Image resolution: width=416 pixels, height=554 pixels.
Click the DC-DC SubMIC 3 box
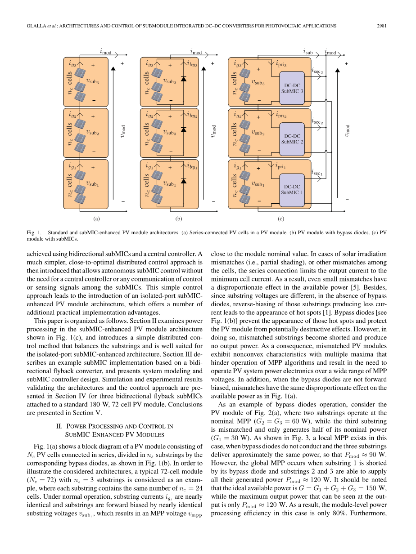pos(292,88)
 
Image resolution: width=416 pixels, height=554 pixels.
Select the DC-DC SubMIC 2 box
pos(292,138)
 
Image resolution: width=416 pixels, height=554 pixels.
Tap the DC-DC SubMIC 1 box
pos(292,189)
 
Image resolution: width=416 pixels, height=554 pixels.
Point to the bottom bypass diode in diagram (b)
pos(183,181)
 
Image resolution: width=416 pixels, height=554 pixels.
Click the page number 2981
pos(382,26)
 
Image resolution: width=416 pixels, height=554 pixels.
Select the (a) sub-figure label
pos(96,219)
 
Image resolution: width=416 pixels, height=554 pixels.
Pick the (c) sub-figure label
pos(281,219)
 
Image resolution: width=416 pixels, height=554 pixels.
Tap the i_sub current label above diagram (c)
pos(308,52)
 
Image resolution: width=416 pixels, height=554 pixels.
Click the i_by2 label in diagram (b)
pos(192,115)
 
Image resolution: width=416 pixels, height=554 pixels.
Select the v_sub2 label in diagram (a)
pos(92,133)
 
